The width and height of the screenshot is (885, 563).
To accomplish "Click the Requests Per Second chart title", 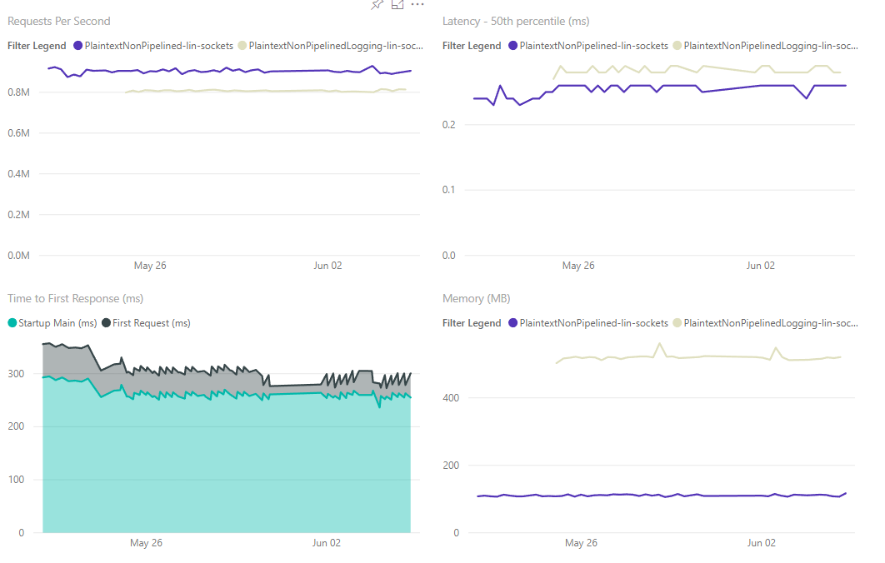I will tap(59, 21).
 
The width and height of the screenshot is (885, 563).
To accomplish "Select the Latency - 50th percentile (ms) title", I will tap(516, 21).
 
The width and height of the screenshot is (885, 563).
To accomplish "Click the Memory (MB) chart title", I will tap(477, 298).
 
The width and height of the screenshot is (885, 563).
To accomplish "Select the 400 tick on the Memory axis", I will tap(452, 398).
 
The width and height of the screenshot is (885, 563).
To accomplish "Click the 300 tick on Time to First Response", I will tap(17, 374).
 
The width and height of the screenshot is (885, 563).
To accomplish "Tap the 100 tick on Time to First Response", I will tap(17, 480).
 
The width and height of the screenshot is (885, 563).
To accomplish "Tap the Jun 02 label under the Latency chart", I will tap(760, 266).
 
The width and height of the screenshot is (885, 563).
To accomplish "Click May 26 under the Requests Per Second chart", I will tap(150, 266).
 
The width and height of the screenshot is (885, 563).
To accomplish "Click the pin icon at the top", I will tap(377, 5).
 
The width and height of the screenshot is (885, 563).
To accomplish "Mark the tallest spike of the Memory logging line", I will tap(660, 343).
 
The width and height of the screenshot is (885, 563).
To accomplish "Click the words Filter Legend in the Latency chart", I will tap(472, 46).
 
